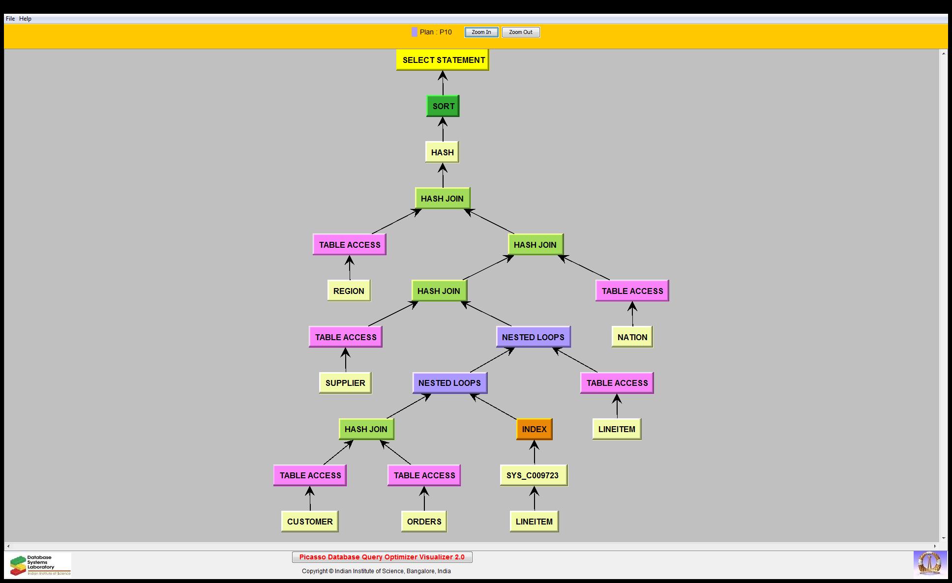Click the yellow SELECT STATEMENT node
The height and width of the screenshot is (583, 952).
(443, 60)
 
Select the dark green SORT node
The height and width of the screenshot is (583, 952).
(443, 106)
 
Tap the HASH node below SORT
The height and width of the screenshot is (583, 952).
(442, 152)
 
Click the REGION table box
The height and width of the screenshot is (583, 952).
(349, 291)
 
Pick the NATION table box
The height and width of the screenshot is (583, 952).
(632, 337)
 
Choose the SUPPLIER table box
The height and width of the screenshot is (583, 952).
(345, 383)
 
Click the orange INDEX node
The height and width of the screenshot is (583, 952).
(534, 429)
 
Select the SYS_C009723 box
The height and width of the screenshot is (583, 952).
(534, 475)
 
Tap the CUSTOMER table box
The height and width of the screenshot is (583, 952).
(310, 522)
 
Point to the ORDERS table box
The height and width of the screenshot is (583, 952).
(424, 522)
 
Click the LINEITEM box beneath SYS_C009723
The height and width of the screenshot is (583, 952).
(534, 522)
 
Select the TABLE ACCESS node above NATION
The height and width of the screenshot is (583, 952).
(632, 291)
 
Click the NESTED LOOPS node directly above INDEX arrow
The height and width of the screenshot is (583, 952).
(449, 383)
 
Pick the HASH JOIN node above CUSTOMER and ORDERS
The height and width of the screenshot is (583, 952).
(366, 429)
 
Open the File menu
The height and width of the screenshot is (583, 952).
(10, 19)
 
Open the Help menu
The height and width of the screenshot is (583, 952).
(26, 19)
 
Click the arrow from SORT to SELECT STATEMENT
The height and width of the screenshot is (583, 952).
(443, 83)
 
